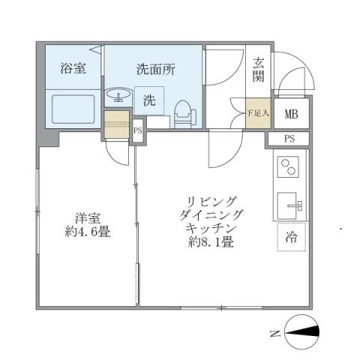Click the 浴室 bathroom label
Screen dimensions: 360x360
73,68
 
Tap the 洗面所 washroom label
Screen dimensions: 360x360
155,68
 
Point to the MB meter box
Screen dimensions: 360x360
289,114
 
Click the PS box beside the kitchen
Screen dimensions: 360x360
289,139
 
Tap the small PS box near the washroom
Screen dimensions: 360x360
137,130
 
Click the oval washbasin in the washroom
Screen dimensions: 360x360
118,95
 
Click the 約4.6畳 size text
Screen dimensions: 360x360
88,232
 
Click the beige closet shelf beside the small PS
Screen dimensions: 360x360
117,124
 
